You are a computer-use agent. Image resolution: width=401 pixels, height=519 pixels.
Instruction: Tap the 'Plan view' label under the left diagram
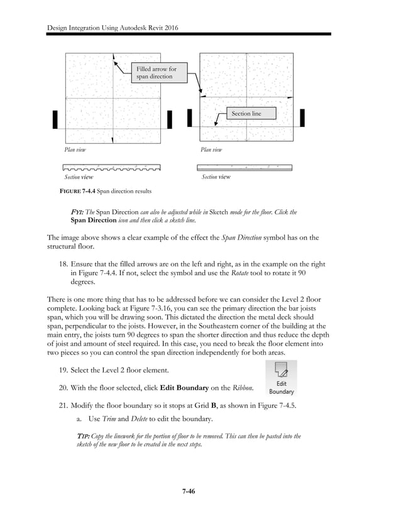click(x=75, y=150)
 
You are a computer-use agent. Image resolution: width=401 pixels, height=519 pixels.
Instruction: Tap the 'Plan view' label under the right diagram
click(x=211, y=150)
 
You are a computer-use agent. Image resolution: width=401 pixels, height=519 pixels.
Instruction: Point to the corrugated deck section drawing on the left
click(x=111, y=168)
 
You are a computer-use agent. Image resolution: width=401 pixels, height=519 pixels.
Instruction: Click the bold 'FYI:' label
click(x=77, y=212)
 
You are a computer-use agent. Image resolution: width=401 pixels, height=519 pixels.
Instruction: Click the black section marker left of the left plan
click(x=55, y=119)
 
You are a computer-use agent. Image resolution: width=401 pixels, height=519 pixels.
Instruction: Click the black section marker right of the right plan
click(x=302, y=117)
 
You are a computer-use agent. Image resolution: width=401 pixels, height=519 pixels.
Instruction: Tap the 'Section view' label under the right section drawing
click(x=216, y=177)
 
